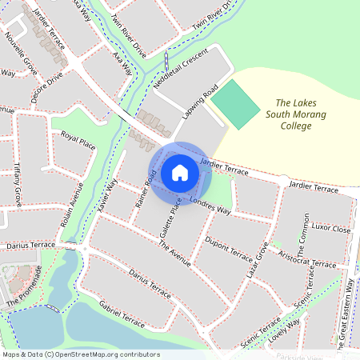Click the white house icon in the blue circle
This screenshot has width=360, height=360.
tap(179, 173)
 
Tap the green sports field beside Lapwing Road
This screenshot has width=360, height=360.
tap(237, 103)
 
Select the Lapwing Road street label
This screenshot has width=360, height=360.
tap(199, 104)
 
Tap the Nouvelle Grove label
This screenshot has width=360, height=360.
tap(22, 54)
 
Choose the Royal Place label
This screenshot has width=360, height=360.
tap(78, 140)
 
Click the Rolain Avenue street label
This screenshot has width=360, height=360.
tap(73, 204)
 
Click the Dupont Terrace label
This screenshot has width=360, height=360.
tap(229, 250)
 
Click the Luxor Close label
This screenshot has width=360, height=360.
tap(330, 228)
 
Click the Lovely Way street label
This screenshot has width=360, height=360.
tap(286, 329)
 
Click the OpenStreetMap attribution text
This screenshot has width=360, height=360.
tap(81, 354)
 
